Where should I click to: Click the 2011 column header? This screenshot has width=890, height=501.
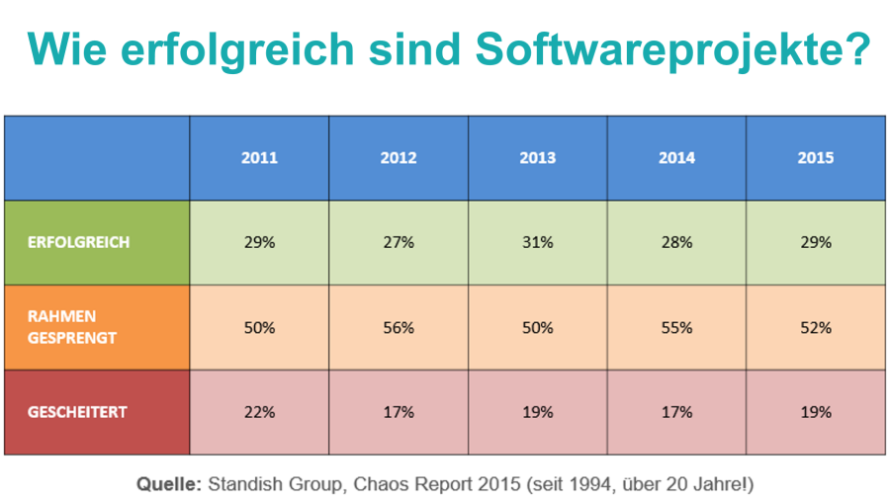(259, 158)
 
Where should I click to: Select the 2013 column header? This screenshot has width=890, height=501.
(538, 158)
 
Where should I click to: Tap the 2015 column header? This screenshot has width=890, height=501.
(816, 158)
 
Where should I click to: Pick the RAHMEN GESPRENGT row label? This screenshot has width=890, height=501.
(72, 327)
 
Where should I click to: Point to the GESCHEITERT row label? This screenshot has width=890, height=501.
(78, 412)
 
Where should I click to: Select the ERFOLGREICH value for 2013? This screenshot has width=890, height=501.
(538, 242)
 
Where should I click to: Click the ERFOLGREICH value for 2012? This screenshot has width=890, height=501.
(399, 242)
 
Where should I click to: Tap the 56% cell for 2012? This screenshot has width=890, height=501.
(399, 327)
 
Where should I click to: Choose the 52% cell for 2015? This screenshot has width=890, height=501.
(816, 327)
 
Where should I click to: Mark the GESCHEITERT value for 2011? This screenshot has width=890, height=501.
(259, 412)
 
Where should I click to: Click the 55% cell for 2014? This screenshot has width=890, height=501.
(677, 327)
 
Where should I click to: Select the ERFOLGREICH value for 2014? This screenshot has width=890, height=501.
(677, 242)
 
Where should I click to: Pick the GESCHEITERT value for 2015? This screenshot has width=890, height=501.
(816, 412)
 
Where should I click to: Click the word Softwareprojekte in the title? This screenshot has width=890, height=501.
(673, 47)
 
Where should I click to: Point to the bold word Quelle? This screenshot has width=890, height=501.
(169, 484)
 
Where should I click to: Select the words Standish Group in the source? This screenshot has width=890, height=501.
(262, 484)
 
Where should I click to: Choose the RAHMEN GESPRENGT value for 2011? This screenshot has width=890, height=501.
(259, 327)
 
